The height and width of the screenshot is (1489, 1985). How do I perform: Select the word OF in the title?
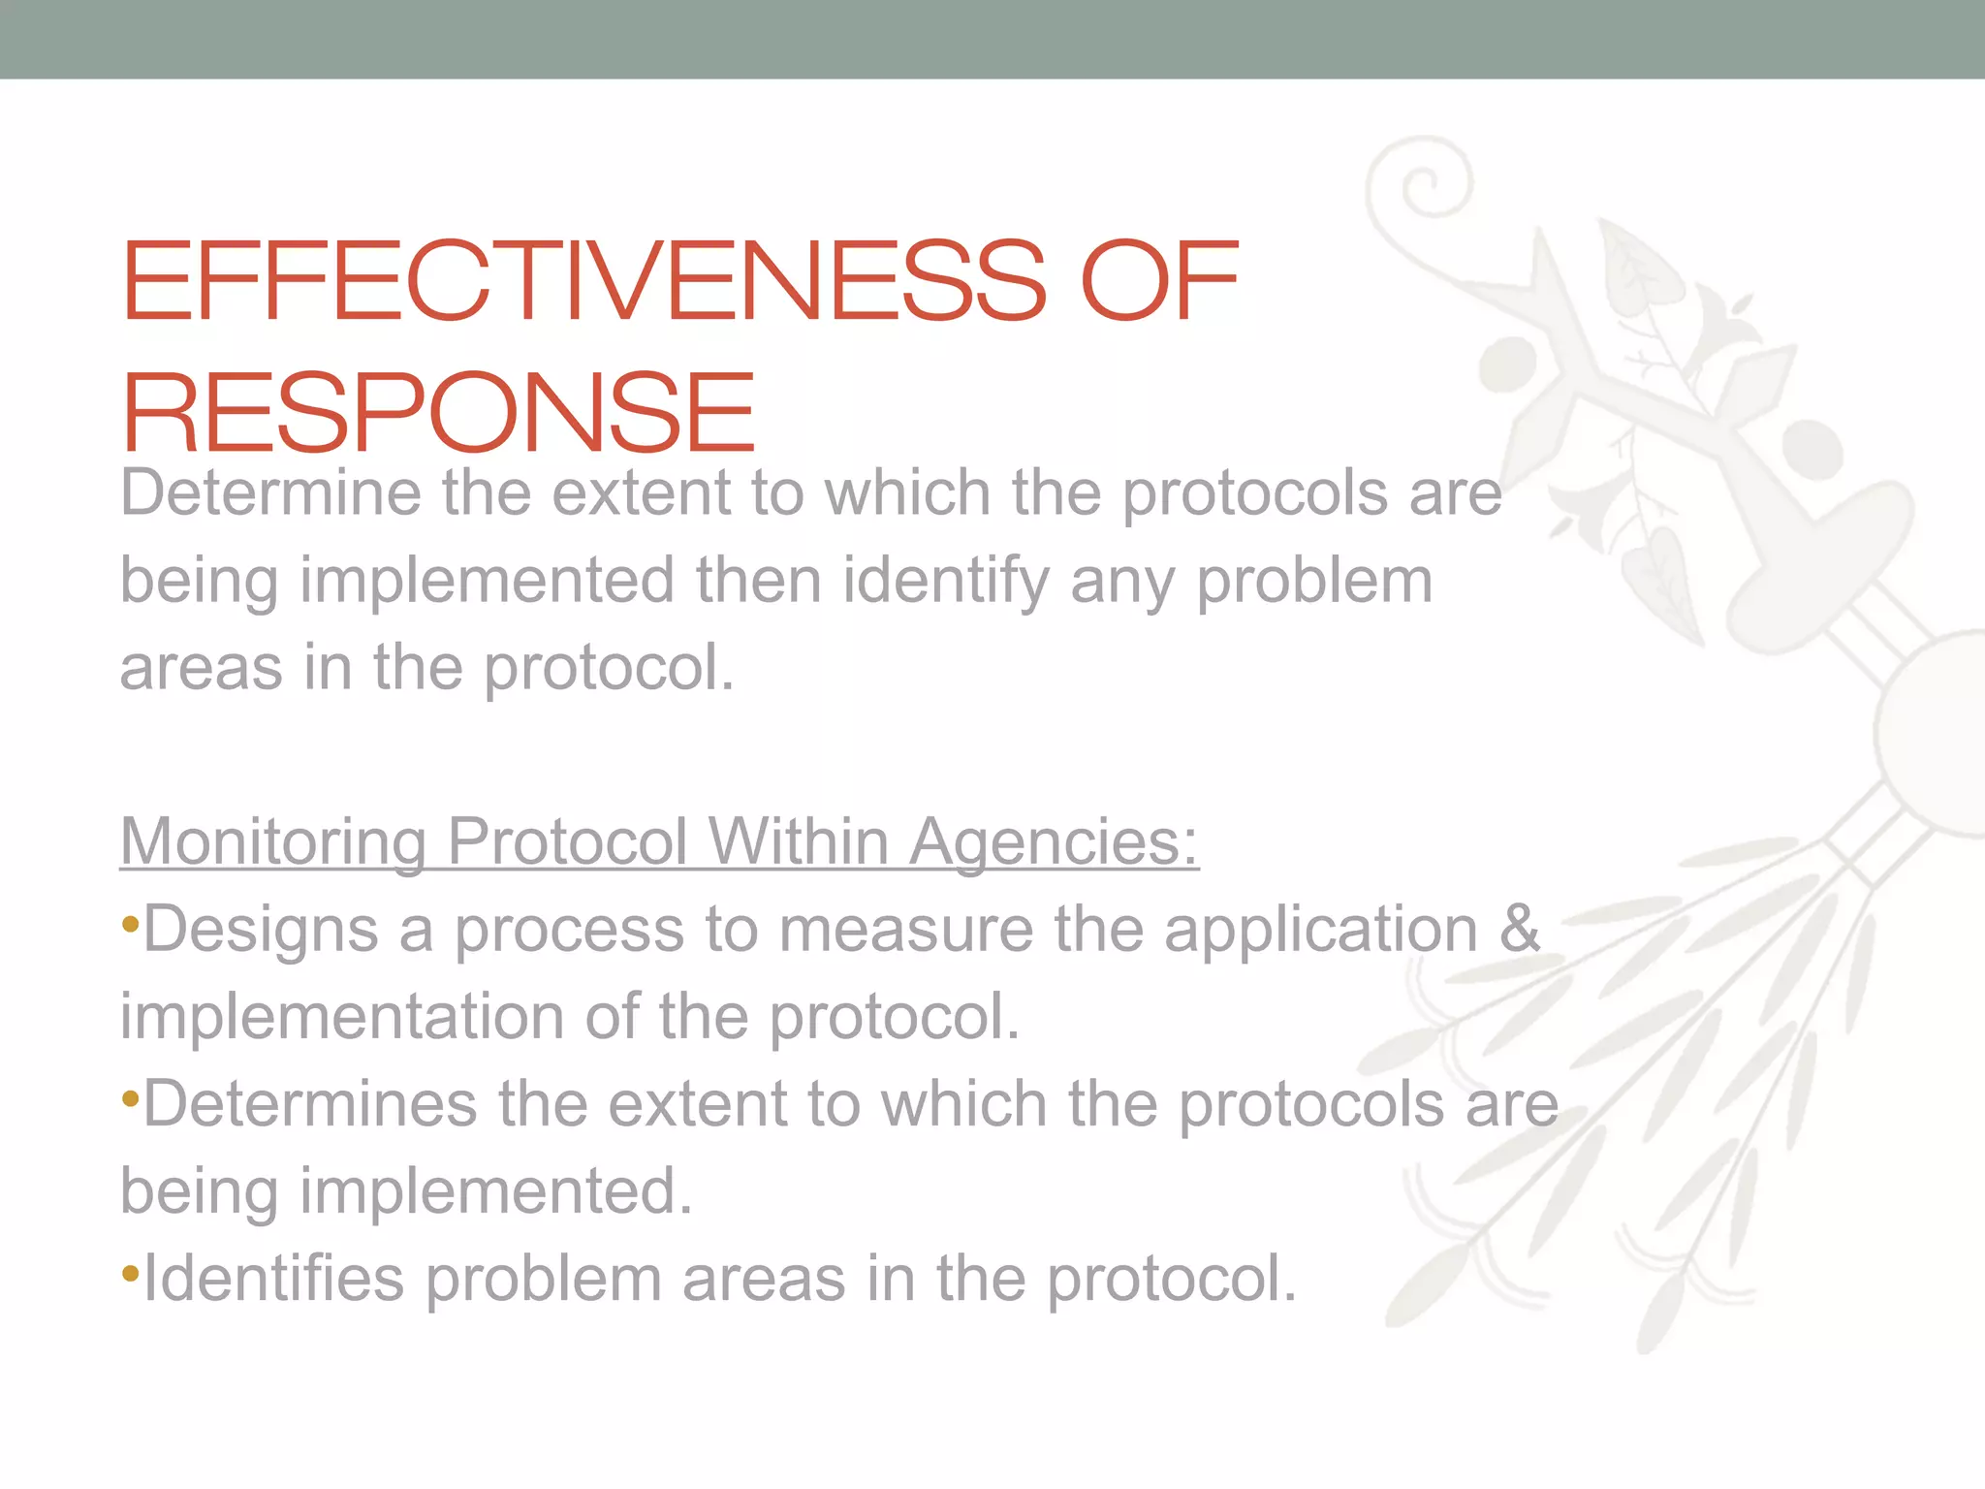tap(1158, 281)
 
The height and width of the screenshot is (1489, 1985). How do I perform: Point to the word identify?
tap(946, 581)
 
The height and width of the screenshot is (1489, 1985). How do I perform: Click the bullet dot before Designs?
tap(130, 926)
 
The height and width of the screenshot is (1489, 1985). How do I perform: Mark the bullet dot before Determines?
tap(130, 1100)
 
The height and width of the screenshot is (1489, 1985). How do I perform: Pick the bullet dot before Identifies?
tap(130, 1275)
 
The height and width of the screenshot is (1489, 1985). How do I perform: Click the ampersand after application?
tap(1519, 929)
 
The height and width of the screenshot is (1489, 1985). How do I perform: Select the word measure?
tap(905, 929)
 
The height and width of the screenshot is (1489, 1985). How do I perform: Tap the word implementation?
tap(341, 1016)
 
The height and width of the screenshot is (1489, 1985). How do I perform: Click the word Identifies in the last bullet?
tap(273, 1278)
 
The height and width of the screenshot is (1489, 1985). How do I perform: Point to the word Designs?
tap(261, 929)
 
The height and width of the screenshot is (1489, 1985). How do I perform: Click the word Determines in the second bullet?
tap(310, 1103)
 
